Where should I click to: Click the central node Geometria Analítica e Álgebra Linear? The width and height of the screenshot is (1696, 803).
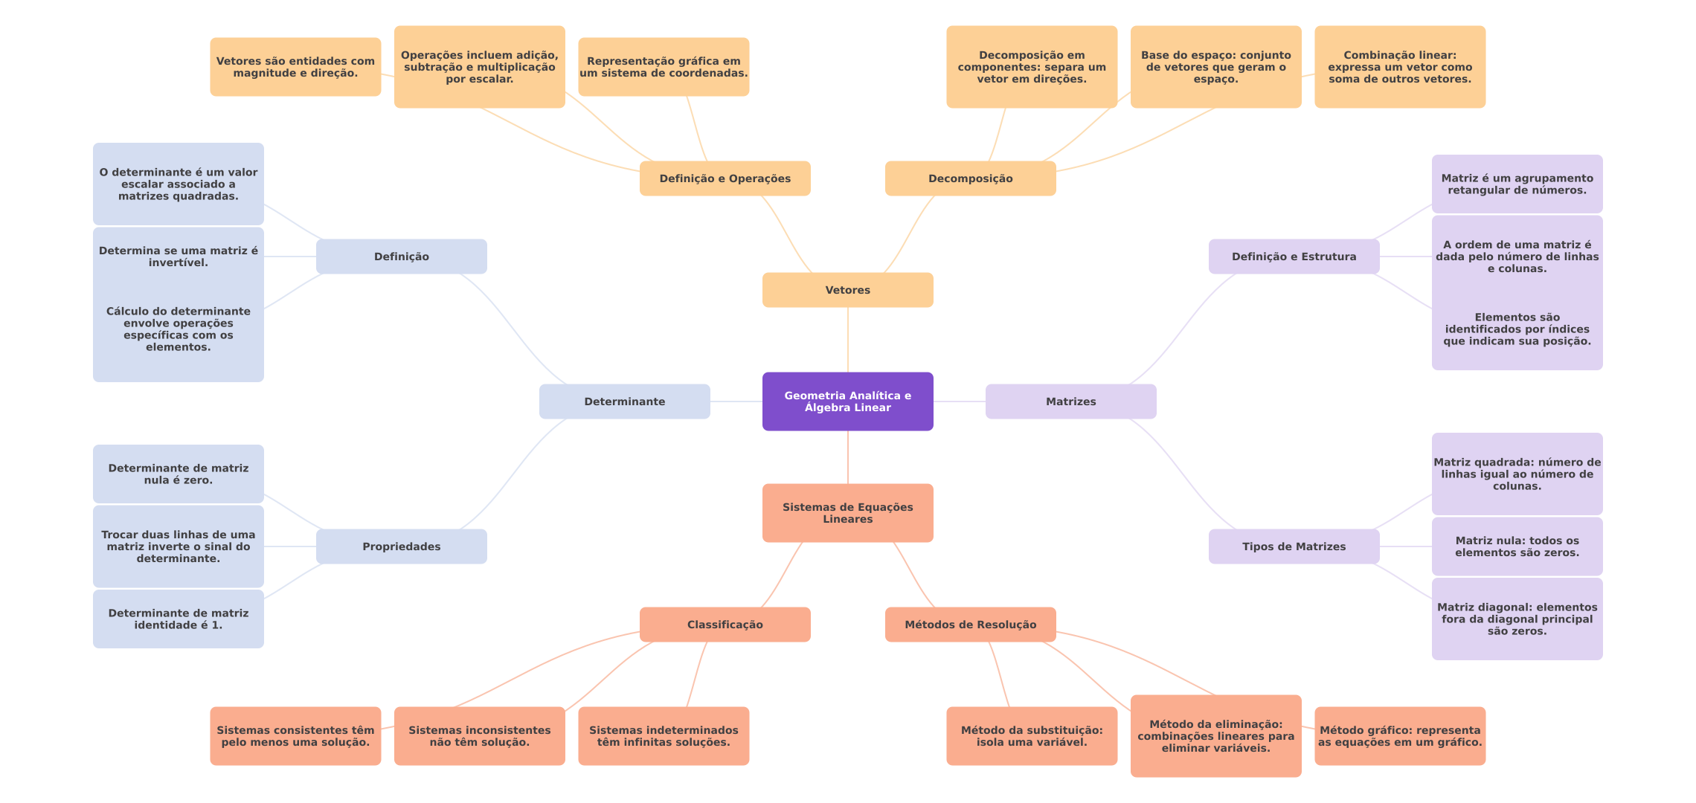(847, 401)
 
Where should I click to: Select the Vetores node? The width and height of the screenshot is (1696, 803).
(847, 290)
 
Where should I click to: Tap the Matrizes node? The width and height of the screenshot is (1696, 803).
(1070, 401)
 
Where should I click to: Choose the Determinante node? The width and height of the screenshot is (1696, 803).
(624, 401)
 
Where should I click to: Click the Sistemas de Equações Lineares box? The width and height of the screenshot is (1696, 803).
(847, 513)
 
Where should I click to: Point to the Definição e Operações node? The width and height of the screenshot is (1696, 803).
(725, 178)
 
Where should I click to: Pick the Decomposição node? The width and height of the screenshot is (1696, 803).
(970, 178)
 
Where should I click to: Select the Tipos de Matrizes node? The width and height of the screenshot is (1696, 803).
(1294, 546)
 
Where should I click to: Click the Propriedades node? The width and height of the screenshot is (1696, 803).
(401, 546)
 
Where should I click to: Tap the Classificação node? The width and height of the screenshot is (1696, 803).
(725, 625)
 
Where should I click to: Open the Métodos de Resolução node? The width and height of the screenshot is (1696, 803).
(970, 625)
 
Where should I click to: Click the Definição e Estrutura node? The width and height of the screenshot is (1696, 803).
(1294, 257)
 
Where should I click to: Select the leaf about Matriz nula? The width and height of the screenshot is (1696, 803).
(1517, 546)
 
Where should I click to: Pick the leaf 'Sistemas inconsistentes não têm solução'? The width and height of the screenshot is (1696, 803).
(479, 736)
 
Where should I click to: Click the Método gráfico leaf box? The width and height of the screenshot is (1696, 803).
(1400, 736)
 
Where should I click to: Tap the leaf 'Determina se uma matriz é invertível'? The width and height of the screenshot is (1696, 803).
(178, 257)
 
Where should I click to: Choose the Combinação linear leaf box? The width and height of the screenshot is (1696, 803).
(1400, 67)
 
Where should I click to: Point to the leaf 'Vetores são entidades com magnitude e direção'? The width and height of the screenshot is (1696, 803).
(295, 67)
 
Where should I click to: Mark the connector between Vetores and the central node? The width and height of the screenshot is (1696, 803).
(848, 340)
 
